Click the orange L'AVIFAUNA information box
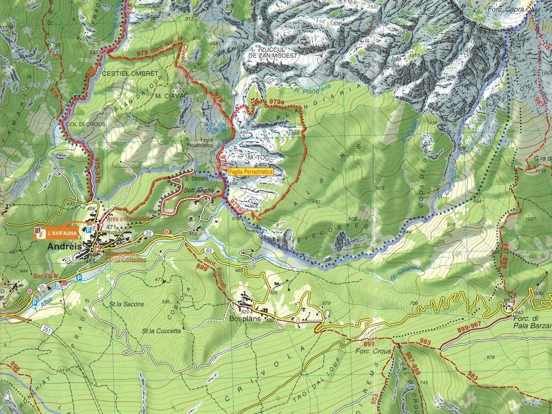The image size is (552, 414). coord(56,231)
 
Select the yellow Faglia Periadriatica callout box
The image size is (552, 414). coord(251,171)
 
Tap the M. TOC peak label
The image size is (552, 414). coord(254,158)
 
